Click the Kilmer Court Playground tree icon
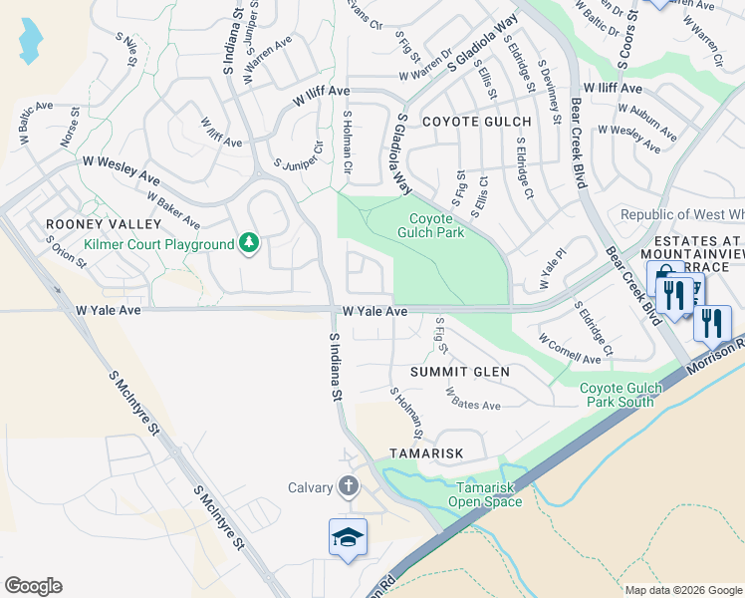pyautogui.click(x=248, y=243)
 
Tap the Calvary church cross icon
pyautogui.click(x=348, y=486)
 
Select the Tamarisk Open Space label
pyautogui.click(x=489, y=494)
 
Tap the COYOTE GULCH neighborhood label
pyautogui.click(x=477, y=121)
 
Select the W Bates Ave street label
pyautogui.click(x=473, y=400)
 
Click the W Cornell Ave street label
pyautogui.click(x=570, y=349)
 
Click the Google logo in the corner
pyautogui.click(x=33, y=586)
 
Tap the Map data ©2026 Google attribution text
pyautogui.click(x=683, y=590)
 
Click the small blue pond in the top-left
pyautogui.click(x=31, y=39)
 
